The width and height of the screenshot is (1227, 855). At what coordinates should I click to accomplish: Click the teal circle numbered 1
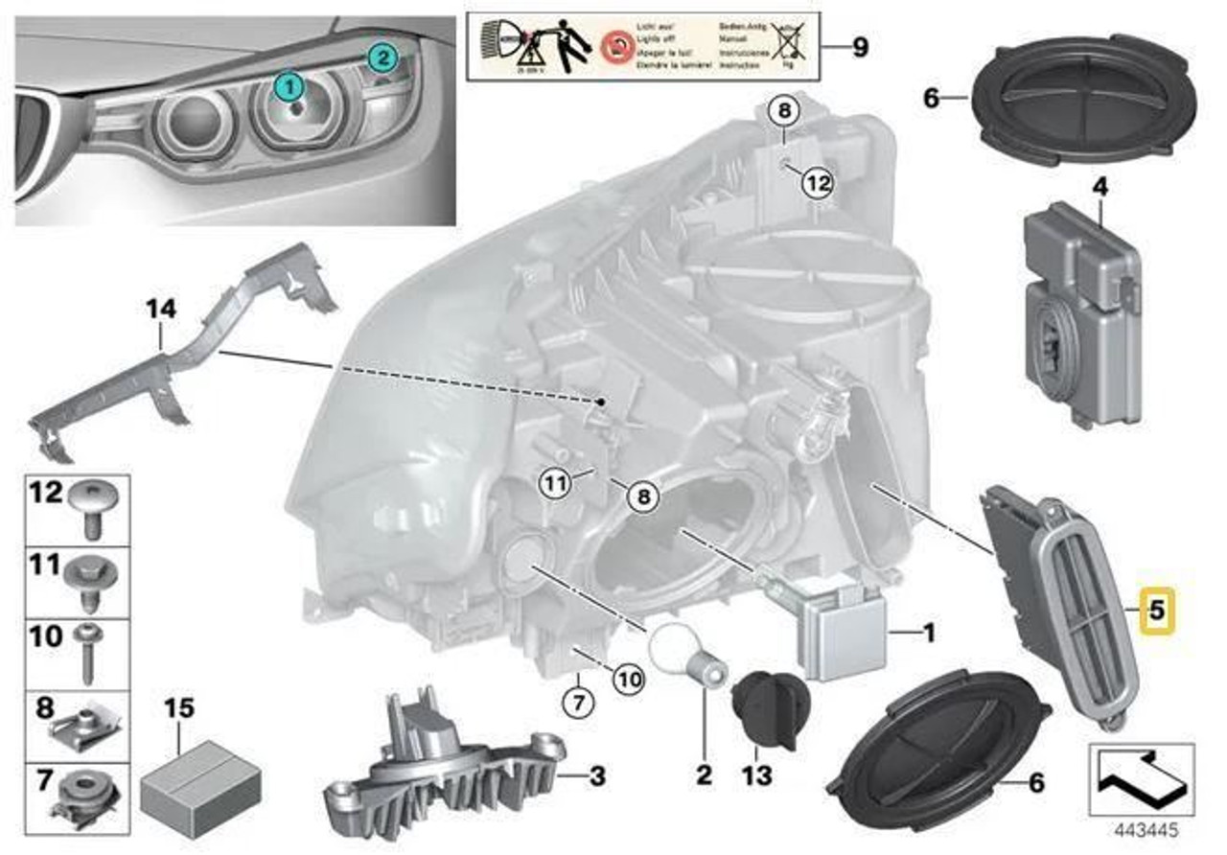[x=289, y=86]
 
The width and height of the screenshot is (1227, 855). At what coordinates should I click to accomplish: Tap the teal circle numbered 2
[x=381, y=58]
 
